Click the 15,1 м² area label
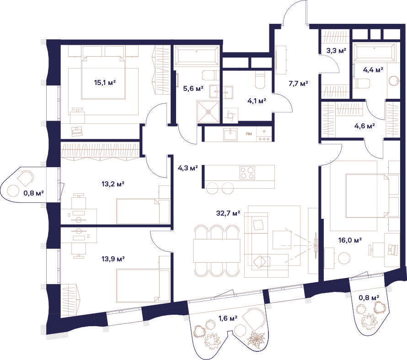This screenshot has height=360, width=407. point(105,83)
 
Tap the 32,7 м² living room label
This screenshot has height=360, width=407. point(228,213)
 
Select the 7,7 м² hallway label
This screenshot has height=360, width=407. point(298,83)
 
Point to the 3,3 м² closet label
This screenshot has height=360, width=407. point(336,50)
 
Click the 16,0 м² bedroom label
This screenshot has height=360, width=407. point(350,240)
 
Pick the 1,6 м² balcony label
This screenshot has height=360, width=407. point(228,318)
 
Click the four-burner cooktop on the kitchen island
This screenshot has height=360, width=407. point(247,173)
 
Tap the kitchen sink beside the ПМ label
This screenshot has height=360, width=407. point(230,134)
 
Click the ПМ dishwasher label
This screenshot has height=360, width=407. point(249,134)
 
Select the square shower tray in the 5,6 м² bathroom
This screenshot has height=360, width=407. point(208,111)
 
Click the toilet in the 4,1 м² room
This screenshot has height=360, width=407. point(260,79)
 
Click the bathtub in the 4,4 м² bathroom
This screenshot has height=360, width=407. point(374,53)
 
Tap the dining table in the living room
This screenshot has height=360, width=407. point(217,250)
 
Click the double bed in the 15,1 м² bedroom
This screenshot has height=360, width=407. point(103,77)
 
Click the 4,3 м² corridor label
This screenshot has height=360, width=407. point(187,168)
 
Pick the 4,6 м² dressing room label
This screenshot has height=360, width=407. point(364,126)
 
